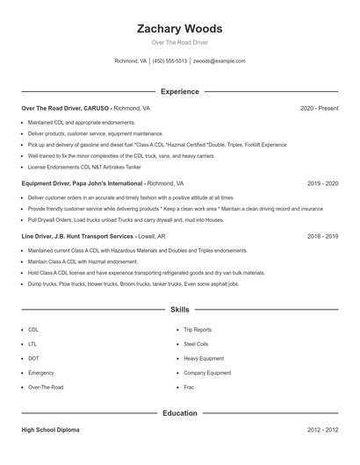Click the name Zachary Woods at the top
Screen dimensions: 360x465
[x=180, y=28]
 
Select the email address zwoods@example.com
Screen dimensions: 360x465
[x=219, y=61]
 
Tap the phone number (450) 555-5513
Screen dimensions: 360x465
[x=169, y=61]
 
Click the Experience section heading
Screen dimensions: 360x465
[x=180, y=91]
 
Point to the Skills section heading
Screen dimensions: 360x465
[x=180, y=310]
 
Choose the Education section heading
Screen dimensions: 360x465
[x=180, y=412]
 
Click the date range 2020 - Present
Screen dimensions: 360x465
[x=319, y=108]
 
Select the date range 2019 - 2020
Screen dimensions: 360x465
[x=322, y=184]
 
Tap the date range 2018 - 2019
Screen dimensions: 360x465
[x=322, y=237]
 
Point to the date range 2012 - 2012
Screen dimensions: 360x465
[x=322, y=431]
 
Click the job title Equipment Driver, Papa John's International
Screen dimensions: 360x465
[x=83, y=184]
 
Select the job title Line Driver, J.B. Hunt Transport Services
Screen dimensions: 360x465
[x=77, y=237]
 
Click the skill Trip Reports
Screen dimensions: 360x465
[x=197, y=330]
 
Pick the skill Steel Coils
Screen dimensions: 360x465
[x=196, y=344]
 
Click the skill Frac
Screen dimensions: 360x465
[x=188, y=386]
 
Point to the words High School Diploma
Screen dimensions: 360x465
[x=50, y=431]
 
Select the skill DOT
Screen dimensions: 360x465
[x=33, y=358]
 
